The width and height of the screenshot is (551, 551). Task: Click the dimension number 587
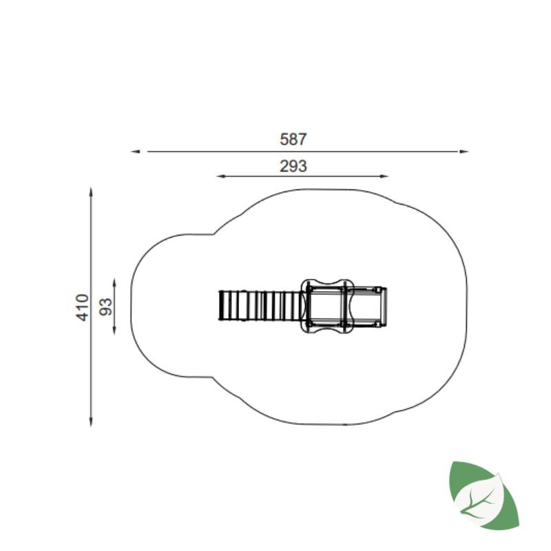[x=293, y=139]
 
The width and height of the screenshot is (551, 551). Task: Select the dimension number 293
[x=293, y=166]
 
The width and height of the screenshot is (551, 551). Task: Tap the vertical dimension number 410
[x=83, y=307]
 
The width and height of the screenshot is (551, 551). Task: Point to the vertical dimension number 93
[x=105, y=306]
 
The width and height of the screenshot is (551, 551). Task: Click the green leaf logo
[x=484, y=495]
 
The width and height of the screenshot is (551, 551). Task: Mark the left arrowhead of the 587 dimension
[x=135, y=152]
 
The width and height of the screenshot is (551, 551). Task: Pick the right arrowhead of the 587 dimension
[x=464, y=152]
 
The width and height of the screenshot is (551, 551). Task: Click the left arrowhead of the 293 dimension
[x=221, y=176]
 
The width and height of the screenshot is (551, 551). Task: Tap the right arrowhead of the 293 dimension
[x=384, y=176]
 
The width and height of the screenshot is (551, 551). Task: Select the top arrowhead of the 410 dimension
[x=91, y=192]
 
